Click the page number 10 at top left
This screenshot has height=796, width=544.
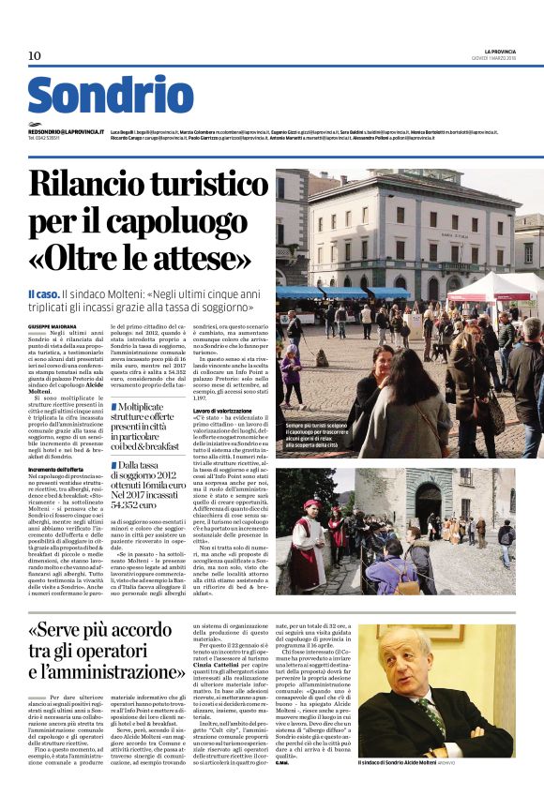click(35, 56)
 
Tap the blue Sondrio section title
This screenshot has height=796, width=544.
click(110, 96)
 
